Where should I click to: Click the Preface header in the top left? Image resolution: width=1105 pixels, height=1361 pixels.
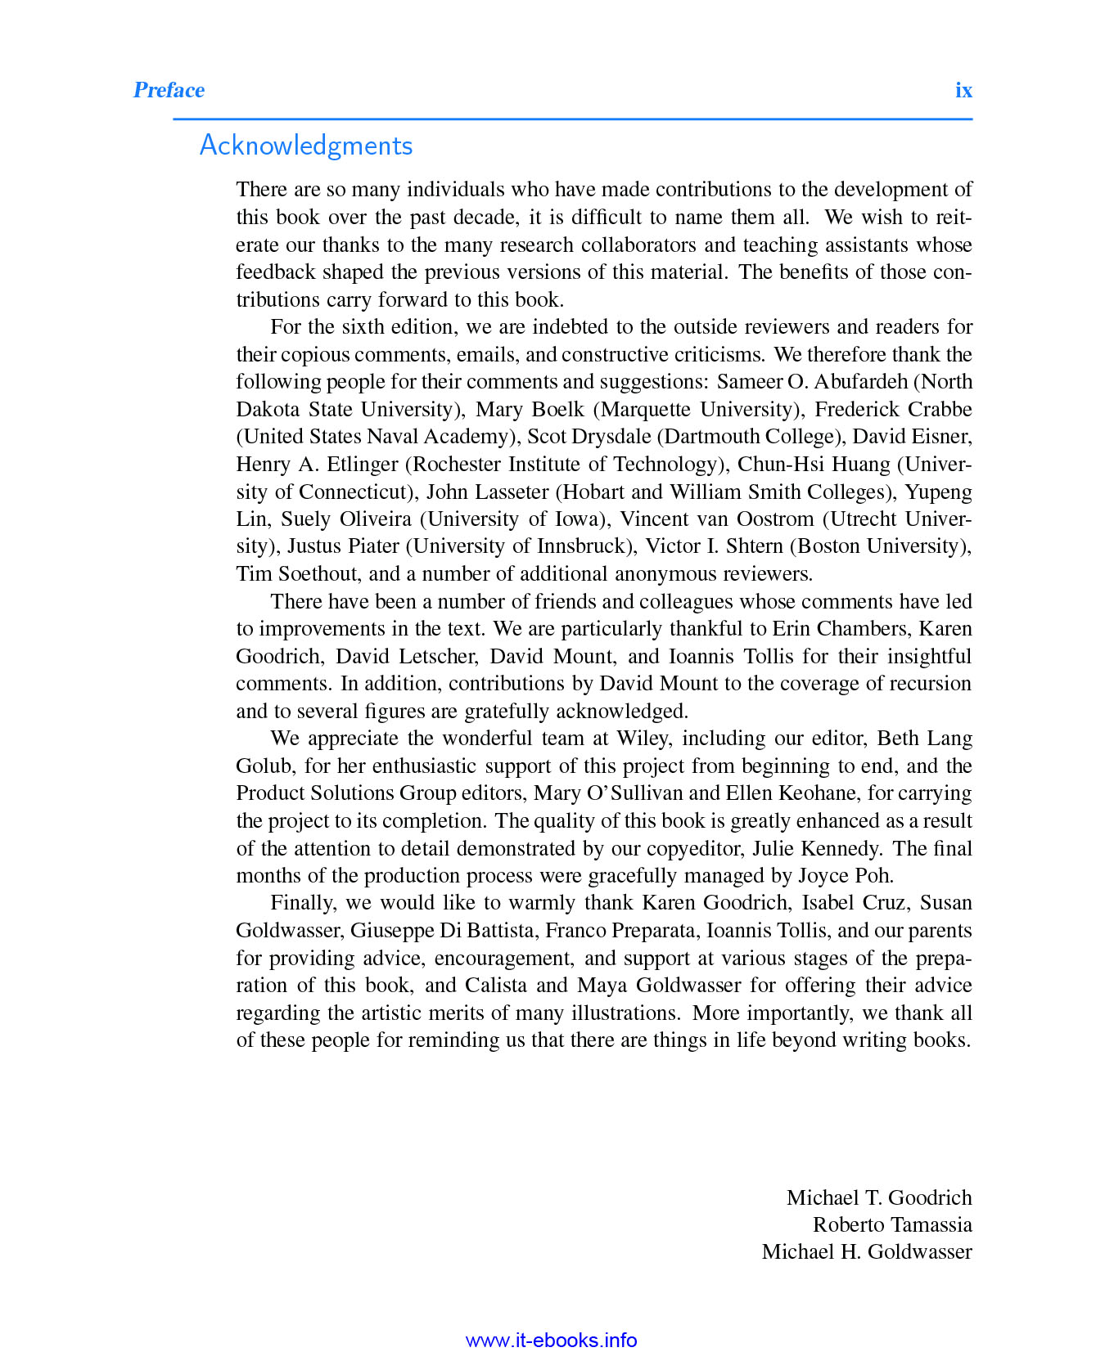[169, 90]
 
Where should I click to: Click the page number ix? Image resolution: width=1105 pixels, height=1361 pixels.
[963, 90]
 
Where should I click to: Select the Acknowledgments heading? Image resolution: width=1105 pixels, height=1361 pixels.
[306, 146]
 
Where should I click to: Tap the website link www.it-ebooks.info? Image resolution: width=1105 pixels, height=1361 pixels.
[551, 1341]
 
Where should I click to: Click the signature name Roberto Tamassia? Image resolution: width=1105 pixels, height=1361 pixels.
[892, 1224]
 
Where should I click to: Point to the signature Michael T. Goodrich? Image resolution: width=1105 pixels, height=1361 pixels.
[879, 1197]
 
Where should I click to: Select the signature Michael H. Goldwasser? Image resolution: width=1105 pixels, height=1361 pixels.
[867, 1251]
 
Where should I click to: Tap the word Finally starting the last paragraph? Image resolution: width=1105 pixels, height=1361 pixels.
[302, 903]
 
